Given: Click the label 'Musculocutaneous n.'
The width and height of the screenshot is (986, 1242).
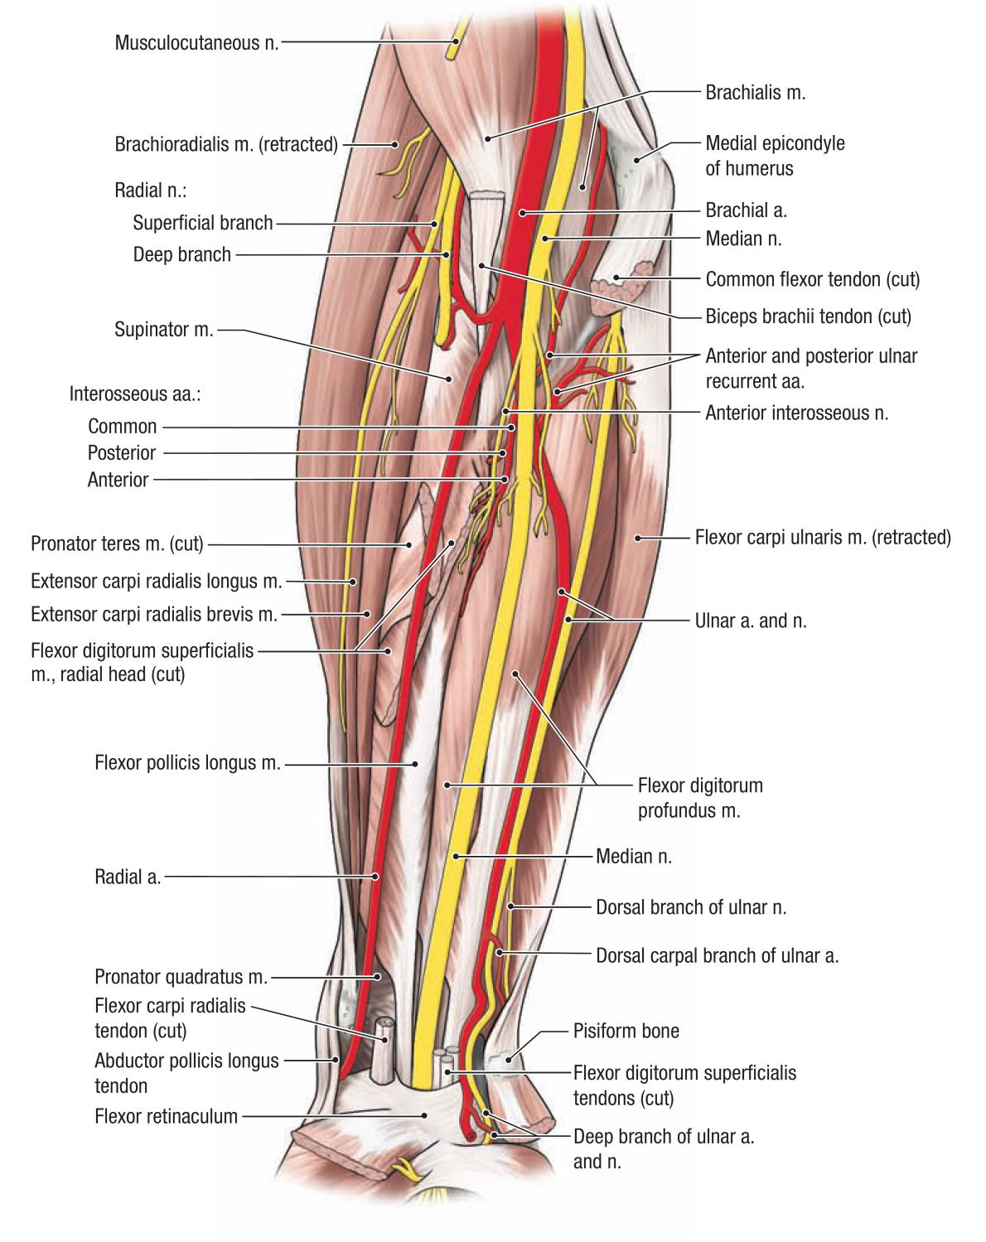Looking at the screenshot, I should (x=197, y=42).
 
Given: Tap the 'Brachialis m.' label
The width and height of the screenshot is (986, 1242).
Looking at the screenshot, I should (x=755, y=92).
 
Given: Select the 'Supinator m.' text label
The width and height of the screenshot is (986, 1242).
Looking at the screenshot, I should (x=164, y=330).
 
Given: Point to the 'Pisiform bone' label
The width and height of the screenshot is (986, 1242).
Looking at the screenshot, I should (x=626, y=1031).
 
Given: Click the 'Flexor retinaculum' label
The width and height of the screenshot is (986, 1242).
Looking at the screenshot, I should (x=166, y=1116).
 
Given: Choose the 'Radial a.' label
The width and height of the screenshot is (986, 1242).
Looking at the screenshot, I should (x=128, y=877).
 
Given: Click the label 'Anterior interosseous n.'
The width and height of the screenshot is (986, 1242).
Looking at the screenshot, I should (x=796, y=413).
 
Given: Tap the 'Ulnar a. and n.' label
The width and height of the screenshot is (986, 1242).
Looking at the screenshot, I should (x=750, y=621).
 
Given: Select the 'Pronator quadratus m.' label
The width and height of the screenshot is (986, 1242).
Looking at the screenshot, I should (x=181, y=977).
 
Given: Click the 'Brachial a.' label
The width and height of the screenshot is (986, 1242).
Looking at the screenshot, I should (x=746, y=210).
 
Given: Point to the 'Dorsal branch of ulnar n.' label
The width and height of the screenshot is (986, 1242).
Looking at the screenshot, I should (x=691, y=907).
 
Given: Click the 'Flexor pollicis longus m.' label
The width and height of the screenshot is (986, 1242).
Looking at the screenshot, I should (x=187, y=762).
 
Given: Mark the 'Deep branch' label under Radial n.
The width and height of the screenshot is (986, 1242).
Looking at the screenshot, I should (x=181, y=254).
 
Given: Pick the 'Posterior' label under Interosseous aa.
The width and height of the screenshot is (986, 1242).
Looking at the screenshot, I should (x=121, y=453).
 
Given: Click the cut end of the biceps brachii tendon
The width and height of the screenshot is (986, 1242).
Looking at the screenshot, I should (x=486, y=201).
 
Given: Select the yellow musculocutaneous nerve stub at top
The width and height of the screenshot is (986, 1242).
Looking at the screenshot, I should (x=453, y=46).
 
